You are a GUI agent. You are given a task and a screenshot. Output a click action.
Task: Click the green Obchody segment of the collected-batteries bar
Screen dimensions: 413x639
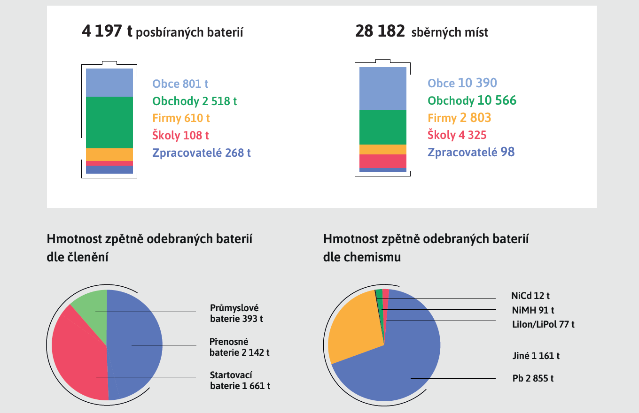(109, 122)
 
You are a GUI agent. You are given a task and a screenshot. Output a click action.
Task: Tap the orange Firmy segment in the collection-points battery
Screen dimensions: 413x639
(383, 149)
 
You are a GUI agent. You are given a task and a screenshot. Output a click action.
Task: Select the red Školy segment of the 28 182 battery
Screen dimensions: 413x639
(383, 161)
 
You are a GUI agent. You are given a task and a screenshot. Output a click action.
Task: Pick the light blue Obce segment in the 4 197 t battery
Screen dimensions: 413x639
(109, 83)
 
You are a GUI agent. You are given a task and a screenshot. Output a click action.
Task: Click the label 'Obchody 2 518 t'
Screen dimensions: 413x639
(195, 101)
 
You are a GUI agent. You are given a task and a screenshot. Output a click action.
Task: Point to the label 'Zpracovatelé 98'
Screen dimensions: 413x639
(471, 152)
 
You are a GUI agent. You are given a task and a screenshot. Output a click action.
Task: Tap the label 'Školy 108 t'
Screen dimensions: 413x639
(180, 135)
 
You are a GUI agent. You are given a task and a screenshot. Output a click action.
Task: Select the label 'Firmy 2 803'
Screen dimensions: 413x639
(459, 118)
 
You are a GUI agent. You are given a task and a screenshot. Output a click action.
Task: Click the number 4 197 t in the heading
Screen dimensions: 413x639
(107, 31)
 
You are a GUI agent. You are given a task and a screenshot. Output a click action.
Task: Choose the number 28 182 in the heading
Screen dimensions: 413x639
(380, 31)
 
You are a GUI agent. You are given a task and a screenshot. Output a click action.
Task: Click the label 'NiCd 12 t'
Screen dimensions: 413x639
(530, 296)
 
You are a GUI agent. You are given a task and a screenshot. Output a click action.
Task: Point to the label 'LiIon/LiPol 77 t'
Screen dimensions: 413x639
(543, 324)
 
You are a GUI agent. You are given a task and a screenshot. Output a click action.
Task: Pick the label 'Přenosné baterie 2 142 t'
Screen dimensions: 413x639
(240, 347)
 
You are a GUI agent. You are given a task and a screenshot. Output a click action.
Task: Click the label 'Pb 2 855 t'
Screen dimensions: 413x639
(533, 378)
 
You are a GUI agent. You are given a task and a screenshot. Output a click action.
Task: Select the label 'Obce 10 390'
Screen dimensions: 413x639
(462, 83)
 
